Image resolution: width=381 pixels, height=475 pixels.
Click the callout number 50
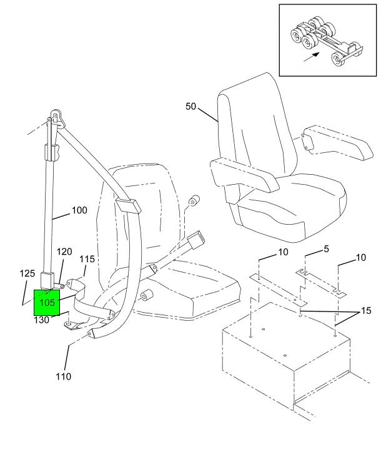(191, 107)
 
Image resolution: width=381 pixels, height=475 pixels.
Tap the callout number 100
(79, 210)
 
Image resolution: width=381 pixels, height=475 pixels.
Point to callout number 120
(65, 252)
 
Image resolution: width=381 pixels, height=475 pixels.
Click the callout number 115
(87, 258)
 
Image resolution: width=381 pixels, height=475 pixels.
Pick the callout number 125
(27, 273)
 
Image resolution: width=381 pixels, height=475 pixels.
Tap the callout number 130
(42, 320)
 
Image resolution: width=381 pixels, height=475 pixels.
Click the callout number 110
(64, 376)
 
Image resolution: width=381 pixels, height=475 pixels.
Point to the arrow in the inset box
(311, 57)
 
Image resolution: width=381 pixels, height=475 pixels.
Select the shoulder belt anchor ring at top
(57, 116)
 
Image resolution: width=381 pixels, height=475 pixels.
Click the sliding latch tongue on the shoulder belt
(127, 205)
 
